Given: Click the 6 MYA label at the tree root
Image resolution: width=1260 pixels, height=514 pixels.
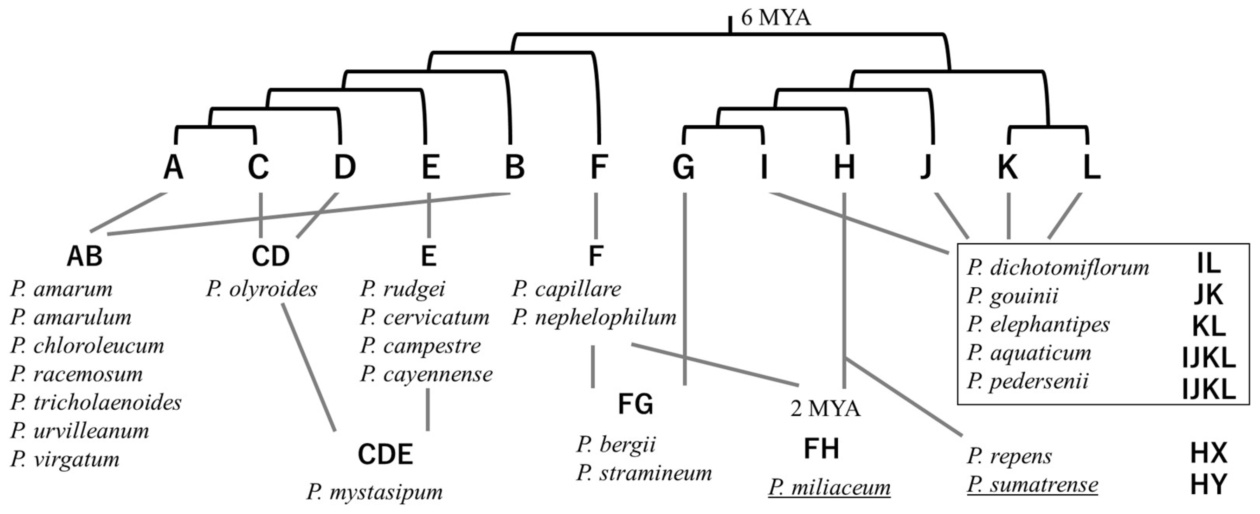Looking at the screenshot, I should point(776,18).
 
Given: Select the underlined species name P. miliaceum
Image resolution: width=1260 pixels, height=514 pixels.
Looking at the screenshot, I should point(829,488).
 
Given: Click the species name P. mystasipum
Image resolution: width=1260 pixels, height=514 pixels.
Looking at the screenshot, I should point(374,491).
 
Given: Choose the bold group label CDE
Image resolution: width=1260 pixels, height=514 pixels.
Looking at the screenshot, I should point(385,454).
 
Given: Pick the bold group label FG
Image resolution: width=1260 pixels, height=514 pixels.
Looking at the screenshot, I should point(635,404).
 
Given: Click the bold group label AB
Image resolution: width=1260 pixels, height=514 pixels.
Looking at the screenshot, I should point(85,256).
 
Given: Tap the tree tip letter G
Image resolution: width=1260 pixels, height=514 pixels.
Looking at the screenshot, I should point(683,167).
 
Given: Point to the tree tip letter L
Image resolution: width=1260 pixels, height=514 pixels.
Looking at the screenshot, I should point(1092,167).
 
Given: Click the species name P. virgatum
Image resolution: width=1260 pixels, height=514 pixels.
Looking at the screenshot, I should point(65,459).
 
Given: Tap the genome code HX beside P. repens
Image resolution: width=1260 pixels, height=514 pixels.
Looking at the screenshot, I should point(1208,453).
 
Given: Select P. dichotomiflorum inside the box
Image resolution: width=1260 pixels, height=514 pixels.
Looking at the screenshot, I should point(1057,267).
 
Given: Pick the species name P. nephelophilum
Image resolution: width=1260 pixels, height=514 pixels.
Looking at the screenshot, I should point(594,317).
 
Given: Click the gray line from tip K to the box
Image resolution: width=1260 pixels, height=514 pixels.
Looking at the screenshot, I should point(1008,216).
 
